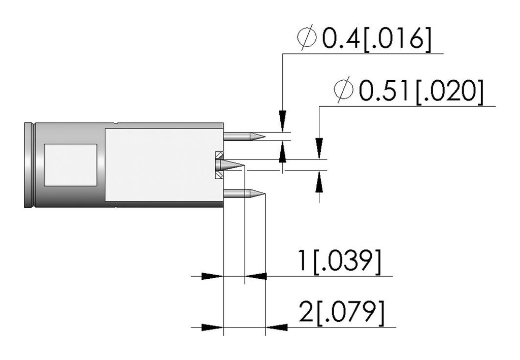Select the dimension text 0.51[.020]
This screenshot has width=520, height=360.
[421, 92]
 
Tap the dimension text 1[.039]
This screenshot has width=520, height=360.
[340, 262]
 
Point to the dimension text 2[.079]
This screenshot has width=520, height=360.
[342, 313]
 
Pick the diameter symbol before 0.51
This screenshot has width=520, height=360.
[344, 89]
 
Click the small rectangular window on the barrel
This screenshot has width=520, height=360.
[71, 165]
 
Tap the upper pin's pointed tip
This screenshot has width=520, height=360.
[265, 136]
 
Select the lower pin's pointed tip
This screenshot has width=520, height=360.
[265, 193]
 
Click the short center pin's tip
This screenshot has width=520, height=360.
[244, 165]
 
